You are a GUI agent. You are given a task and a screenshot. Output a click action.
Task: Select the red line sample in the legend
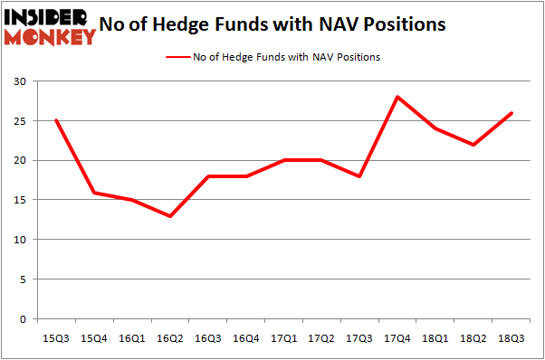tap(178, 57)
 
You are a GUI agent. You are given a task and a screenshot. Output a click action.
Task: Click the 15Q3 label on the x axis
tap(55, 337)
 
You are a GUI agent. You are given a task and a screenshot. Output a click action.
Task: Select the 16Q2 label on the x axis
tap(169, 337)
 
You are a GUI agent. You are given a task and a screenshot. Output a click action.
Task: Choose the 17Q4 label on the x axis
tap(397, 337)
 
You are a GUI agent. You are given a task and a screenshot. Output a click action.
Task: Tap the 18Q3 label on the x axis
tap(512, 337)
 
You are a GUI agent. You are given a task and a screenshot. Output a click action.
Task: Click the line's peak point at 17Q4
tap(397, 97)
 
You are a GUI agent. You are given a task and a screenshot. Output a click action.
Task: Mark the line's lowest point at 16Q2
tap(169, 216)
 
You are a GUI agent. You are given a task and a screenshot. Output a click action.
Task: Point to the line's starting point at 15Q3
tap(55, 120)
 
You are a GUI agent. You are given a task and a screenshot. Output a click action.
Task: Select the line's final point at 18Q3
tap(512, 113)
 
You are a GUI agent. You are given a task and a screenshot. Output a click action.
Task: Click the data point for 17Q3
tap(359, 176)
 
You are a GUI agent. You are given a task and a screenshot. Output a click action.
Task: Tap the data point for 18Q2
tap(473, 145)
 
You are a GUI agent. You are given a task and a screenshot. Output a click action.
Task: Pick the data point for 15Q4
tap(93, 193)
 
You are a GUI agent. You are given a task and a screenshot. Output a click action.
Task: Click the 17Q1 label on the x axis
tap(283, 337)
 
